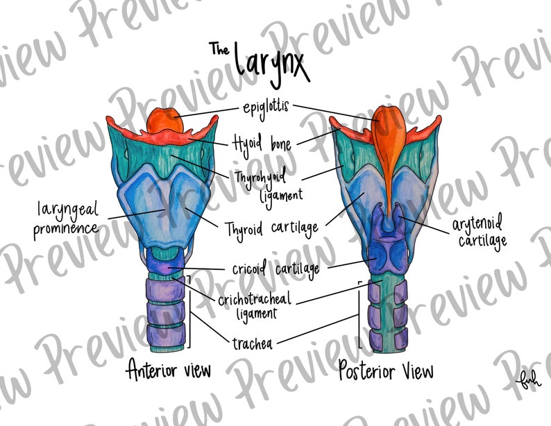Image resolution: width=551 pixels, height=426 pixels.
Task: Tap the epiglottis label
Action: [x=266, y=108]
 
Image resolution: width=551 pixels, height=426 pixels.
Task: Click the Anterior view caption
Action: [x=168, y=370]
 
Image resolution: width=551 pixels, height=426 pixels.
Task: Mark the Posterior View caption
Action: [x=385, y=370]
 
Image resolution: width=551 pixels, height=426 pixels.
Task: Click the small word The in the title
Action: [x=219, y=49]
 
